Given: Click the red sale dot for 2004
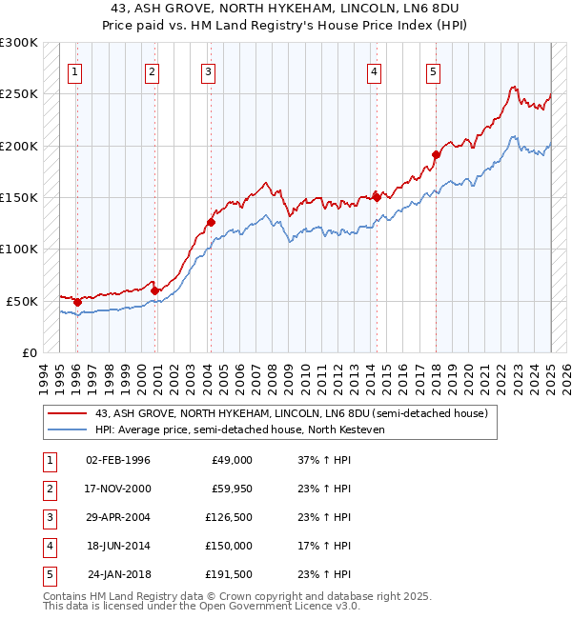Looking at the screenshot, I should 212,223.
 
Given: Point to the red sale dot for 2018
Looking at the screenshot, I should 436,154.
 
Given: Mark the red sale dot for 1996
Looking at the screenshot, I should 77,302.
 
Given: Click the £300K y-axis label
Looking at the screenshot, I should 18,43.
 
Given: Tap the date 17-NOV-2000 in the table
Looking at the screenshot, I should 118,489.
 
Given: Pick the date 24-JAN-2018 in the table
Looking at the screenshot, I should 119,574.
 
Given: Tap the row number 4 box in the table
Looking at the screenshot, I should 48,546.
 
